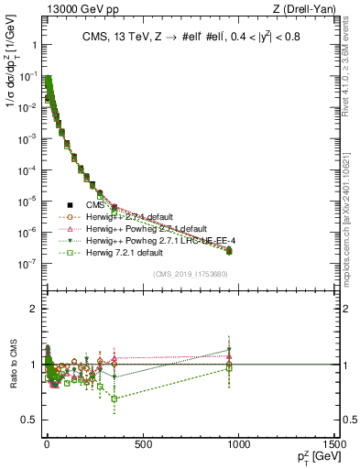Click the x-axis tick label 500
[142, 445]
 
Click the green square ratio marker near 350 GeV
[114, 398]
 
